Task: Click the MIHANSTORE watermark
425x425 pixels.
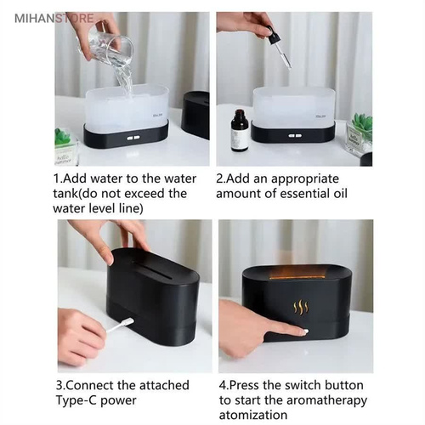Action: (x=54, y=19)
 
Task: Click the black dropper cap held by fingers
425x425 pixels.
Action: (x=274, y=35)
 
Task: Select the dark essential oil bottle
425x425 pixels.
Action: (x=240, y=131)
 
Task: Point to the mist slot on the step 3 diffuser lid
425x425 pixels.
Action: (x=153, y=269)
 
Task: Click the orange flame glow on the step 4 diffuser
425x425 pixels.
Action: (x=296, y=273)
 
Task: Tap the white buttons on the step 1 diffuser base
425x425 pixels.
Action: (x=133, y=139)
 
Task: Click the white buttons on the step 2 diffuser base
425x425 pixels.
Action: (x=295, y=136)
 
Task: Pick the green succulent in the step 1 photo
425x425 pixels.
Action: (x=63, y=136)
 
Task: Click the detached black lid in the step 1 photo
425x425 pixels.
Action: (x=195, y=115)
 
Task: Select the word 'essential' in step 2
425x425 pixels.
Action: (x=303, y=194)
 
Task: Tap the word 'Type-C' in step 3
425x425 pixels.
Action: (x=76, y=401)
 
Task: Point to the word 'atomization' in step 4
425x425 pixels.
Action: (x=253, y=415)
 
